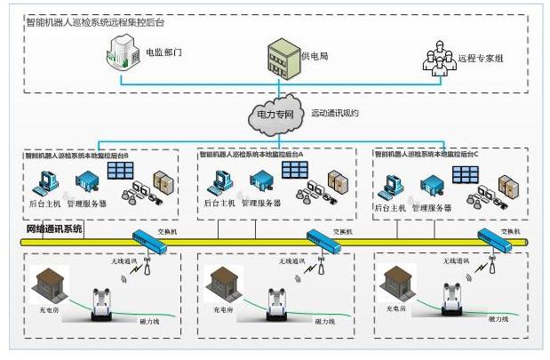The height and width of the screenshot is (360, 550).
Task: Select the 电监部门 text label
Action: coord(163,52)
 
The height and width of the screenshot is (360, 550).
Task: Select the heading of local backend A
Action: coord(251,154)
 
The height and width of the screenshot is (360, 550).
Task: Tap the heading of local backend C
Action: coord(428,154)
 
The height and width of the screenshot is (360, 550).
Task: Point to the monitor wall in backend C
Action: coord(464,173)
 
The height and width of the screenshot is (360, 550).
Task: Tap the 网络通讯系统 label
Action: coord(54,228)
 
